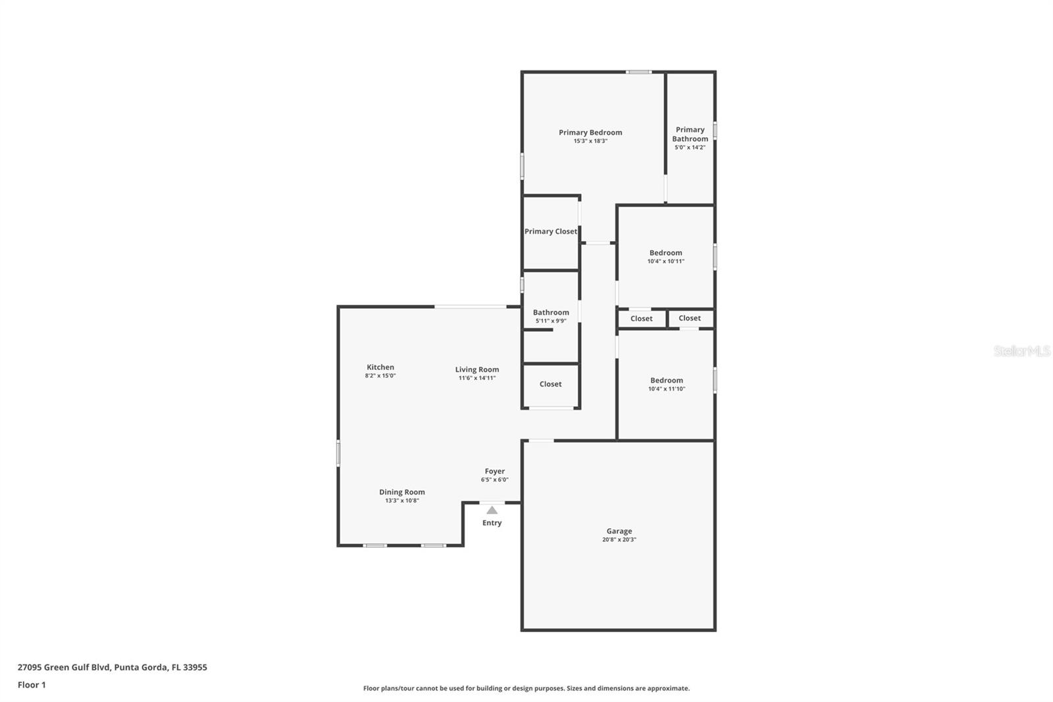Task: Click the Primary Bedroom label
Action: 590,132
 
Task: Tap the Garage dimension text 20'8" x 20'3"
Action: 619,540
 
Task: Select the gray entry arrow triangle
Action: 492,510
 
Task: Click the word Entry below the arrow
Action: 492,523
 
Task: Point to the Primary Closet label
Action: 550,232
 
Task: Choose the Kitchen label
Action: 380,367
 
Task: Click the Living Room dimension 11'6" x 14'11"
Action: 476,378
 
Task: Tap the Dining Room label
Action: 401,492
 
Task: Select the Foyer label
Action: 494,472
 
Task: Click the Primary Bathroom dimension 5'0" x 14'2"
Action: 690,148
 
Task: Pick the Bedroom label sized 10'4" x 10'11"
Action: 665,253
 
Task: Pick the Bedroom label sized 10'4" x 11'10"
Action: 666,381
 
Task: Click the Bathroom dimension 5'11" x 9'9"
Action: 550,321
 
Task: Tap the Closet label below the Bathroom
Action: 550,385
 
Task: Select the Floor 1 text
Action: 32,685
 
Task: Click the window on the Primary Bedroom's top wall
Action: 638,72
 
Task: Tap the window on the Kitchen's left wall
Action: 338,454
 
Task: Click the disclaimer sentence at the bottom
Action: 526,688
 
